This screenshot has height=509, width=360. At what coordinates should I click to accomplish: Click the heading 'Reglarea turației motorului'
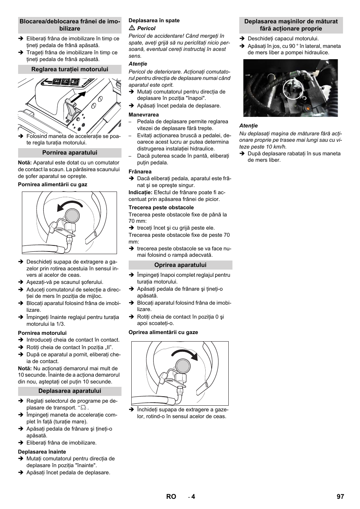pos(70,69)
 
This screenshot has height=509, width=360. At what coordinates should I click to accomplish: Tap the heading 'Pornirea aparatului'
pos(70,153)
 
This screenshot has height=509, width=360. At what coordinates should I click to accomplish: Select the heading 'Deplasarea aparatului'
pos(70,391)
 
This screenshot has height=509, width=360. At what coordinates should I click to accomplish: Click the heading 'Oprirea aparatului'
pos(180,265)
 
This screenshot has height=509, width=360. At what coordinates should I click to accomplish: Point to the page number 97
pos(340,497)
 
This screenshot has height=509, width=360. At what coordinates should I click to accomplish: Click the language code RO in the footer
pos(171,497)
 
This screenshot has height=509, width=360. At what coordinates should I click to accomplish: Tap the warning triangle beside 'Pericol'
pos(132,28)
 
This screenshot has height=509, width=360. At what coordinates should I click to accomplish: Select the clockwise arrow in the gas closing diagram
pos(185,354)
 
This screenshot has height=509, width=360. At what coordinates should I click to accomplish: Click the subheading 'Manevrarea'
pos(144,115)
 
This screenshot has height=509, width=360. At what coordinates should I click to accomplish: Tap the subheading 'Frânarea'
pos(140,172)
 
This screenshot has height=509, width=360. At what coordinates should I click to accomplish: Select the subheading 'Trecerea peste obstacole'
pos(161,207)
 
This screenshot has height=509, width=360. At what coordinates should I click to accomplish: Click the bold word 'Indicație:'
pos(140,192)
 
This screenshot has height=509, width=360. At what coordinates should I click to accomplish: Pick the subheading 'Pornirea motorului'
pos(42,333)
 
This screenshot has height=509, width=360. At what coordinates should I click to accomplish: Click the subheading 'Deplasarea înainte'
pos(42,452)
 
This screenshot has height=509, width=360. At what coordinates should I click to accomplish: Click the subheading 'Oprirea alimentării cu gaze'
pos(163,332)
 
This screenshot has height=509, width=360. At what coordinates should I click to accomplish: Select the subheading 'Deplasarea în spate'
pos(154,20)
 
